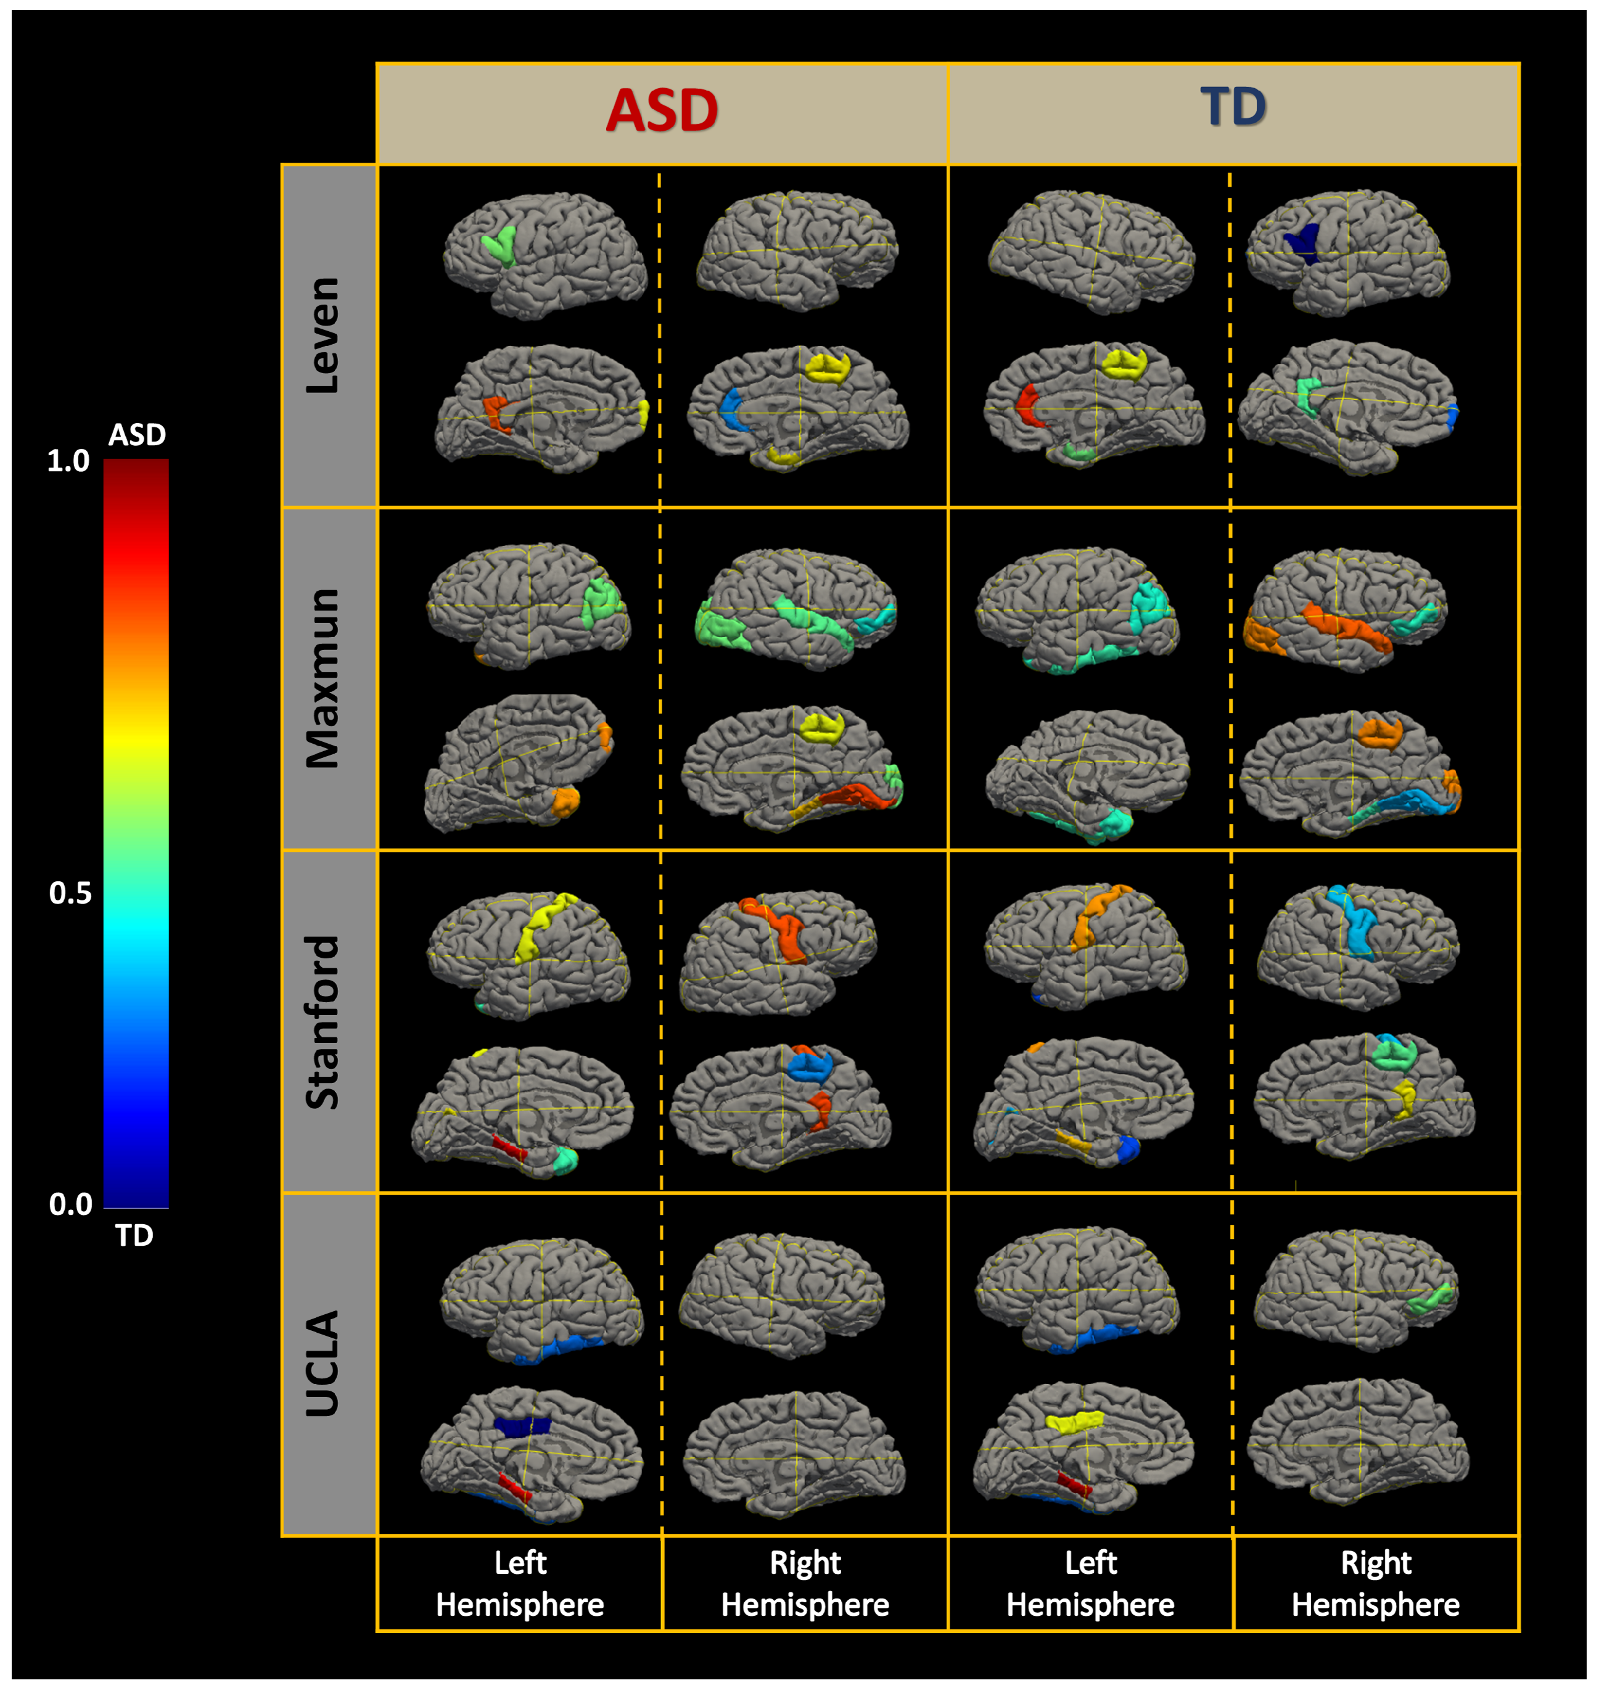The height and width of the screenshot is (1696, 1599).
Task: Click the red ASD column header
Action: click(x=662, y=111)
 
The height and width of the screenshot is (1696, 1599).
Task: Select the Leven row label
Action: click(x=323, y=335)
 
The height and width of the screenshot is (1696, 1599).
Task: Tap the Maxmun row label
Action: click(x=323, y=678)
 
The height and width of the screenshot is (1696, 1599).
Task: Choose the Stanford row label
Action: click(x=323, y=1022)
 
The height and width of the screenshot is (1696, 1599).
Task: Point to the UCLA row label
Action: click(x=323, y=1364)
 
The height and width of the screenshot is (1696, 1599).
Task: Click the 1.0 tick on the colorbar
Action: click(x=68, y=461)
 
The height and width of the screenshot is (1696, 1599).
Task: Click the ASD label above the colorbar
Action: click(x=136, y=435)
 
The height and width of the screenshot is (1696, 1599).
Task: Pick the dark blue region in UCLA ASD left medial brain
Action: click(x=522, y=1426)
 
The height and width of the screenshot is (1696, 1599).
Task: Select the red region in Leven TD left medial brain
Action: click(x=1027, y=405)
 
